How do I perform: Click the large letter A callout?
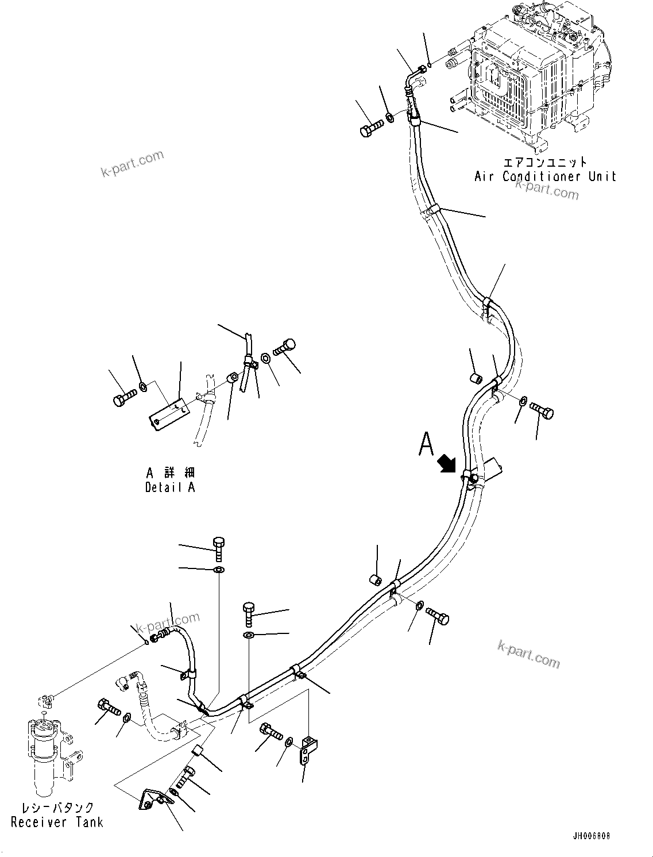[426, 444]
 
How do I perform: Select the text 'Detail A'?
[170, 487]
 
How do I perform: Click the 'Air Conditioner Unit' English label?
[545, 176]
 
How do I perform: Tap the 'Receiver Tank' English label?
[57, 822]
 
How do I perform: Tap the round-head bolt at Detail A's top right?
[285, 347]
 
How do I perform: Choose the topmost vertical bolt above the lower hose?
[219, 548]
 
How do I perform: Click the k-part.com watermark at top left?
[133, 164]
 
